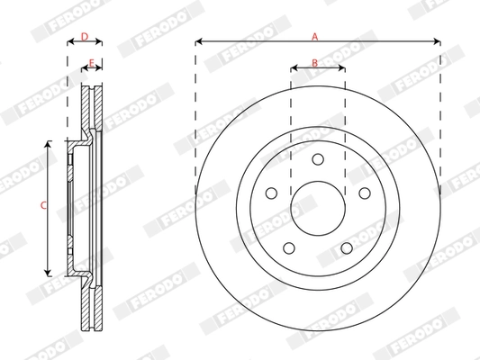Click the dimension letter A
point(315,36)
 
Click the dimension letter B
point(314,62)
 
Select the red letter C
point(42,206)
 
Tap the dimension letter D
point(85,36)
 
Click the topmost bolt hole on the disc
point(317,159)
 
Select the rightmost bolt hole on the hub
point(365,193)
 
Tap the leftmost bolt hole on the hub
point(269,193)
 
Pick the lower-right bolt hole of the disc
point(347,249)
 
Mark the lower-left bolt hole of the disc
point(287,249)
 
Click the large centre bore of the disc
point(317,209)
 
